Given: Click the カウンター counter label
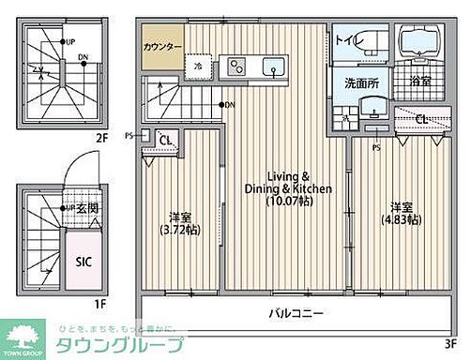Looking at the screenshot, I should point(162,46).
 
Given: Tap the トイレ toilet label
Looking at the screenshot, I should point(346,39).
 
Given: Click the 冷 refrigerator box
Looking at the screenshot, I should point(198,67).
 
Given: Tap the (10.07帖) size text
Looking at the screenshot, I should point(288,201).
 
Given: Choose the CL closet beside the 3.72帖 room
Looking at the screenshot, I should point(167,142).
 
